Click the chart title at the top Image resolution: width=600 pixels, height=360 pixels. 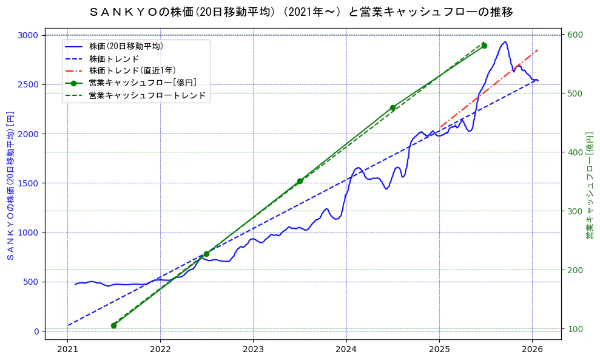tap(300, 12)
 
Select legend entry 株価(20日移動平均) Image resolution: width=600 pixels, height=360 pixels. tap(126, 46)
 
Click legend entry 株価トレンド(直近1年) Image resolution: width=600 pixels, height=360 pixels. tap(132, 70)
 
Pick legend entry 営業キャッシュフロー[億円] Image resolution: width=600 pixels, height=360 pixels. tap(142, 83)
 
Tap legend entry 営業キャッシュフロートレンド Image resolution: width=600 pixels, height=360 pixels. tap(147, 95)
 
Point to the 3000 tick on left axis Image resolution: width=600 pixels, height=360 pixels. tap(28, 35)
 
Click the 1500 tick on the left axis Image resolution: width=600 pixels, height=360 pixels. tap(28, 183)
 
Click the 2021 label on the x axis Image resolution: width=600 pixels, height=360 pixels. tap(67, 349)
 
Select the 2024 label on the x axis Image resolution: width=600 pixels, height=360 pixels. tap(346, 349)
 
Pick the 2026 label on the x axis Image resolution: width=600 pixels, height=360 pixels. tap(532, 349)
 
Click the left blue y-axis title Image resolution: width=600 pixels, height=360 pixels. tap(10, 186)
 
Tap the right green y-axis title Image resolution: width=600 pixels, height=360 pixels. tap(590, 186)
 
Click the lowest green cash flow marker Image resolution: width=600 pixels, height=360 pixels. tap(113, 325)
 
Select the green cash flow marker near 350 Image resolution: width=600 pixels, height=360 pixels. tap(300, 181)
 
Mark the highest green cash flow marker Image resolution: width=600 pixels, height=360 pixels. tap(484, 46)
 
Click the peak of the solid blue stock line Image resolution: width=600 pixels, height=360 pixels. tap(504, 42)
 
